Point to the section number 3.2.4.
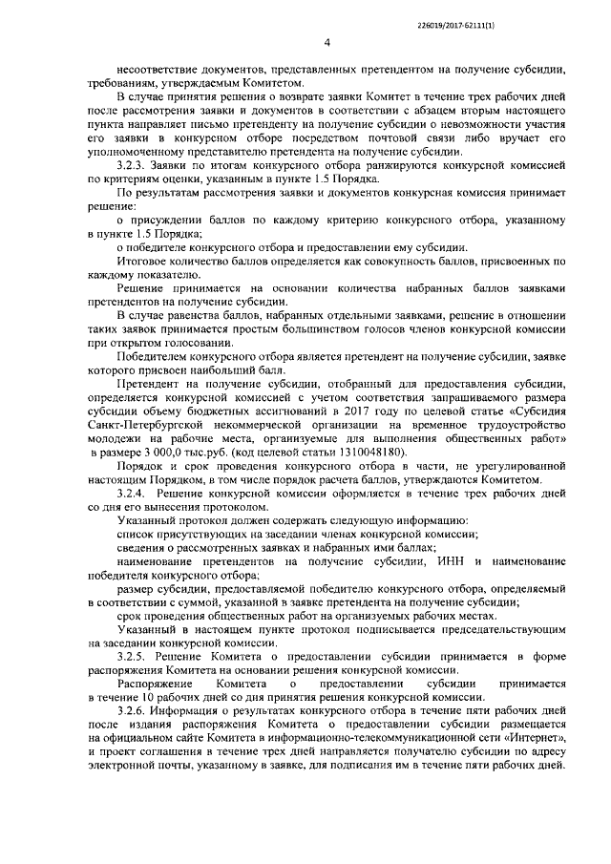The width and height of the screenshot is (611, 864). pos(131,494)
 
